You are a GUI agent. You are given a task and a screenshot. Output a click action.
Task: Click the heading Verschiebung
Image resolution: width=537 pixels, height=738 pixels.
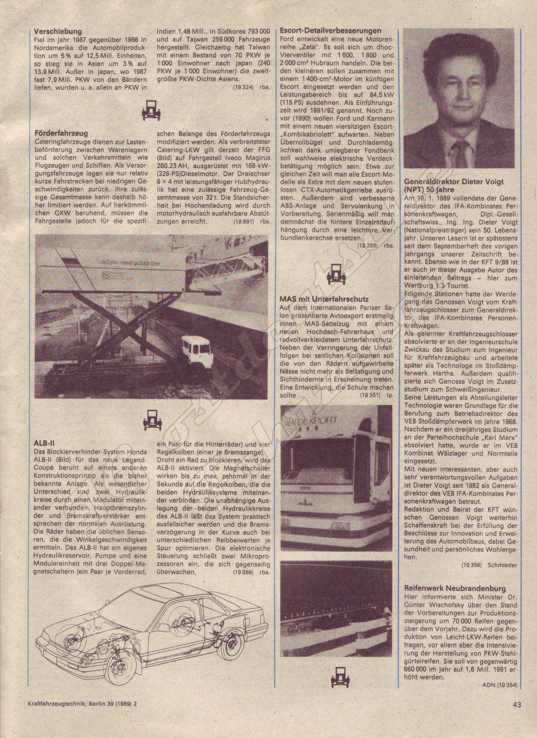coord(58,31)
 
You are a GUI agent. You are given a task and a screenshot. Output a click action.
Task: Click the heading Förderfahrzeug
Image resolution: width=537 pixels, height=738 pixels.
coord(61,133)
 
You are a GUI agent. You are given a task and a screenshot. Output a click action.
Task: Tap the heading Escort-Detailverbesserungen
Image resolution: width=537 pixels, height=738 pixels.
coord(330,31)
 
